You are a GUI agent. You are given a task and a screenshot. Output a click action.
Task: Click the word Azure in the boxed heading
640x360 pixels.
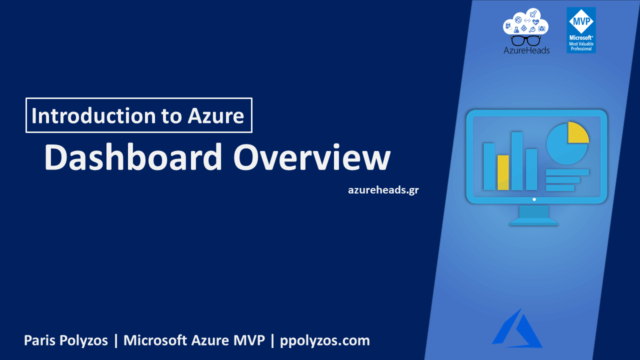216,116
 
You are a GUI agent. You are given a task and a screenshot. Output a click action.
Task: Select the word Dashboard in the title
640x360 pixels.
133,157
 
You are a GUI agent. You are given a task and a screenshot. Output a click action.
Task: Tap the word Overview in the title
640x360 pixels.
312,157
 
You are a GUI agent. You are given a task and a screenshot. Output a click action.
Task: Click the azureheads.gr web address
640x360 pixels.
383,190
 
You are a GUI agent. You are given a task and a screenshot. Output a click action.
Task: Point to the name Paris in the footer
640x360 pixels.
39,341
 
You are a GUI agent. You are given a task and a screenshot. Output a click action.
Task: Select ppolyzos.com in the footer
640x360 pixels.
325,341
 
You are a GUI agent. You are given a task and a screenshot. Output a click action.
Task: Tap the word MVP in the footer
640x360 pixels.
247,341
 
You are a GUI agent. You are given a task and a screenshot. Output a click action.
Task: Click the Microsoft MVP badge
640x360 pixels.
581,30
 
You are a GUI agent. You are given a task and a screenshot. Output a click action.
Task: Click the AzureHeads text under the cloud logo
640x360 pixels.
526,50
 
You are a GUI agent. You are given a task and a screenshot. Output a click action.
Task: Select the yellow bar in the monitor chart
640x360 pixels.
503,172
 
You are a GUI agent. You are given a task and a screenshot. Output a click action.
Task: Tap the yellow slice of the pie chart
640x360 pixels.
577,133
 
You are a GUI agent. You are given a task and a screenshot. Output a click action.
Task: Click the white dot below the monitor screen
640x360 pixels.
534,199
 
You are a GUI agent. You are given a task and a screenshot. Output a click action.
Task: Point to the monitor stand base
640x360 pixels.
533,222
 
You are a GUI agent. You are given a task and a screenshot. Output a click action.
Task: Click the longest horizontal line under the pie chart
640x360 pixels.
567,172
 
